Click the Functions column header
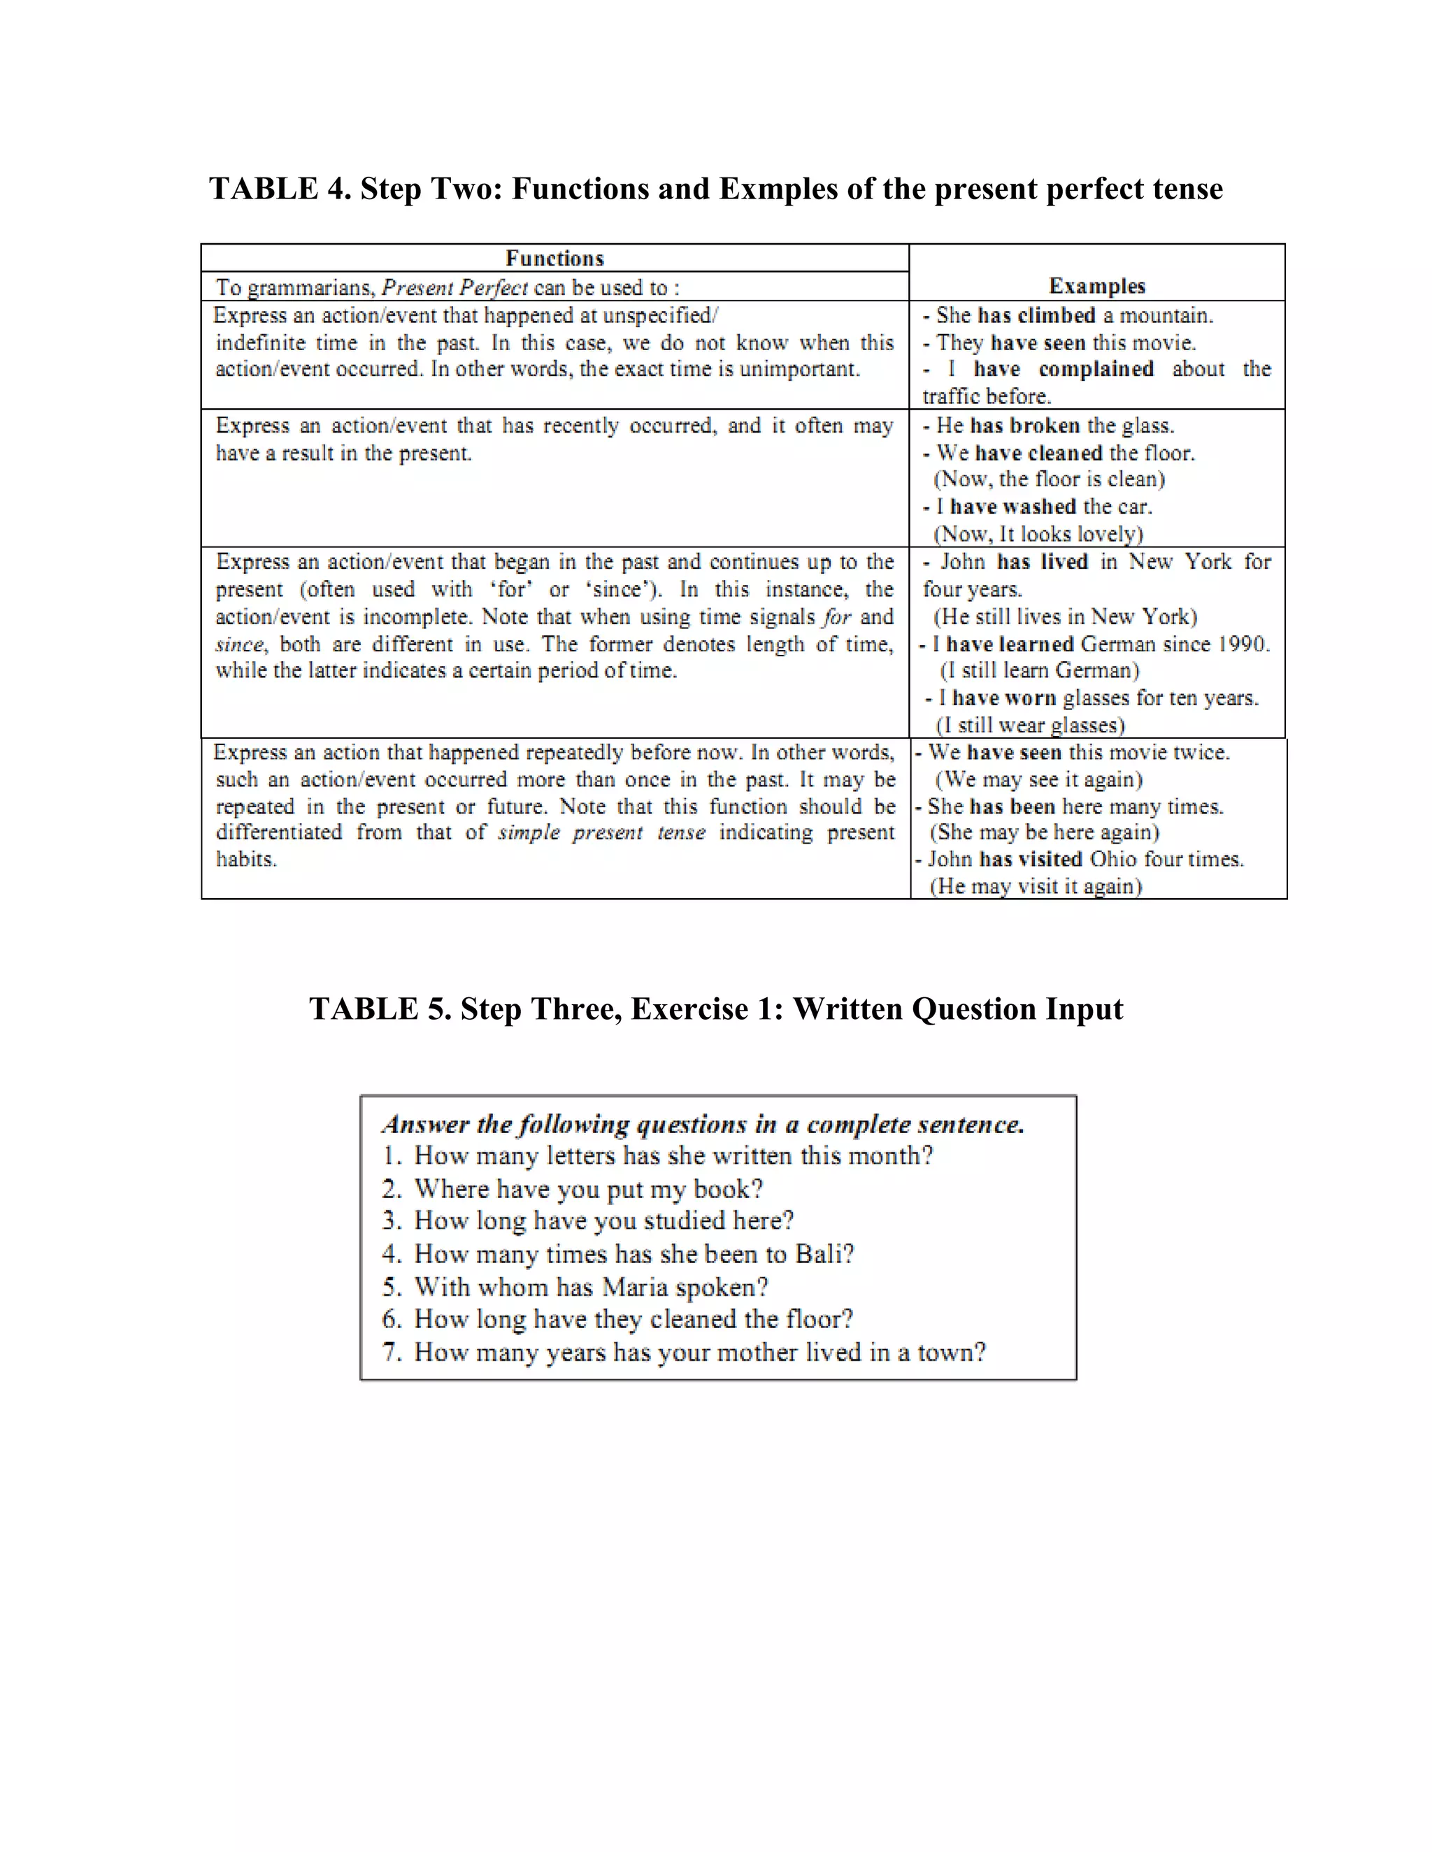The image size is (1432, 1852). tap(554, 258)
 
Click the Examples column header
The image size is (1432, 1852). tap(1096, 286)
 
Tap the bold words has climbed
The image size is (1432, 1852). tap(1036, 315)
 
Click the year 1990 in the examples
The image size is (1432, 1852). tap(1242, 644)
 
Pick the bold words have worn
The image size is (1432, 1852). tap(1003, 698)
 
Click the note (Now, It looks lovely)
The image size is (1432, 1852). tap(1038, 533)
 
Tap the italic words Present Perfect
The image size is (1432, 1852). tap(454, 287)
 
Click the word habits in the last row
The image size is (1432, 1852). tap(246, 859)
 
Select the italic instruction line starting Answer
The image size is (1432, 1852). tap(703, 1124)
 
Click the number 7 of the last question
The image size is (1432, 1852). tap(391, 1352)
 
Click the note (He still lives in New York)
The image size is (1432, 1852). tap(1065, 616)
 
